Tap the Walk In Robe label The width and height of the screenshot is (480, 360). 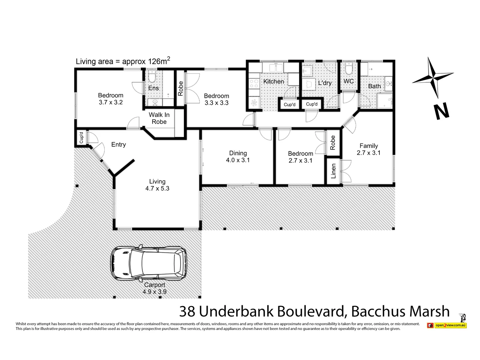[x=159, y=118]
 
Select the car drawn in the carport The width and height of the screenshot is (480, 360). [x=149, y=263]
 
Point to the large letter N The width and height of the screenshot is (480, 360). [x=442, y=112]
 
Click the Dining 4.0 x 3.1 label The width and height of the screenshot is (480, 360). [x=238, y=157]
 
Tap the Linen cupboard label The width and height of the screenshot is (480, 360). [x=333, y=171]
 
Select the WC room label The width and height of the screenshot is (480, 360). [x=348, y=81]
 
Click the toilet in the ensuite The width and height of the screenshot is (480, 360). [x=152, y=77]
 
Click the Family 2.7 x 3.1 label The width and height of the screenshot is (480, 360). [x=368, y=149]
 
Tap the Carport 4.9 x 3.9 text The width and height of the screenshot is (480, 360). [x=154, y=288]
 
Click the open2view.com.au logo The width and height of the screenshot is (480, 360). [x=447, y=325]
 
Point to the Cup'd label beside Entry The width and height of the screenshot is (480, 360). [x=81, y=138]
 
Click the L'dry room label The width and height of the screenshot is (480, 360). [x=324, y=83]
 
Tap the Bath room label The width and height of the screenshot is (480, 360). [x=374, y=86]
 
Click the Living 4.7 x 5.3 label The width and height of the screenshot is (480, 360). [x=157, y=185]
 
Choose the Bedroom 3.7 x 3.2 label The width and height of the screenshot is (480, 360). [x=111, y=99]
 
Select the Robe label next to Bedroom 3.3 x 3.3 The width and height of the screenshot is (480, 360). [x=180, y=89]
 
